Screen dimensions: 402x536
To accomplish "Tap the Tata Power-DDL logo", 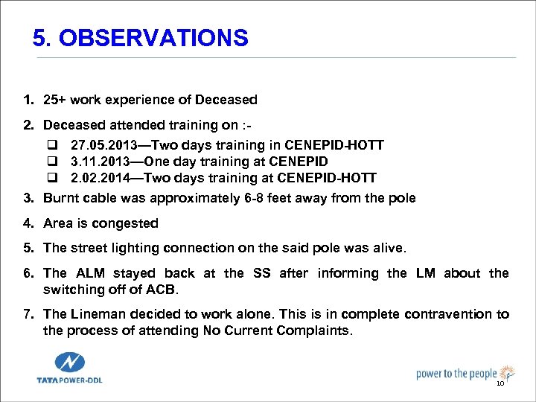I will point(70,368).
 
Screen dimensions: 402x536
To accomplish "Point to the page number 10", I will point(500,383).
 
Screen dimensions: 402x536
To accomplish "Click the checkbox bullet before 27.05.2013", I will point(53,145).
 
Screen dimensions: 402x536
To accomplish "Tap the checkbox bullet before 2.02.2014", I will point(53,178).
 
